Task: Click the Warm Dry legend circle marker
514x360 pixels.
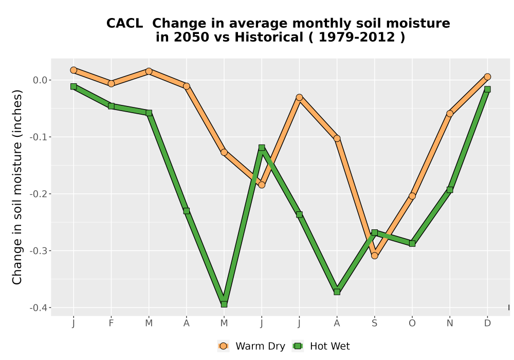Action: [x=223, y=346]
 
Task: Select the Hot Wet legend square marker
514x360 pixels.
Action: [x=298, y=346]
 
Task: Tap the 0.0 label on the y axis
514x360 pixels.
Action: [x=40, y=80]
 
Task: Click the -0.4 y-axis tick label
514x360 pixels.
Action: [x=39, y=308]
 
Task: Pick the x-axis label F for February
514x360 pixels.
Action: [x=111, y=323]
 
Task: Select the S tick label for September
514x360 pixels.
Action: [x=374, y=323]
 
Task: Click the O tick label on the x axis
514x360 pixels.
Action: [x=412, y=323]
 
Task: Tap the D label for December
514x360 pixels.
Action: [x=487, y=323]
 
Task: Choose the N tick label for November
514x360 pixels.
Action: [x=450, y=323]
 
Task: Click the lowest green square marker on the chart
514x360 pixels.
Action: [x=224, y=304]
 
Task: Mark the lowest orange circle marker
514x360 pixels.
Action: [x=374, y=256]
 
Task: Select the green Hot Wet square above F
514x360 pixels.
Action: [x=111, y=106]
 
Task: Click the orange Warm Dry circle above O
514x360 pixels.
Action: [x=412, y=196]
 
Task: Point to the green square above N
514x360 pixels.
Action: [x=450, y=190]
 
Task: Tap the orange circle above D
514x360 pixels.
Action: [x=487, y=77]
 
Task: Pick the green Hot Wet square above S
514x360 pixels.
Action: [x=374, y=232]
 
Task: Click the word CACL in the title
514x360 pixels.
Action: [x=124, y=24]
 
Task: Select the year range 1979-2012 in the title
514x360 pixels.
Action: [x=357, y=38]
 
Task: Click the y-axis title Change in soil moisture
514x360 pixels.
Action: [x=17, y=187]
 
